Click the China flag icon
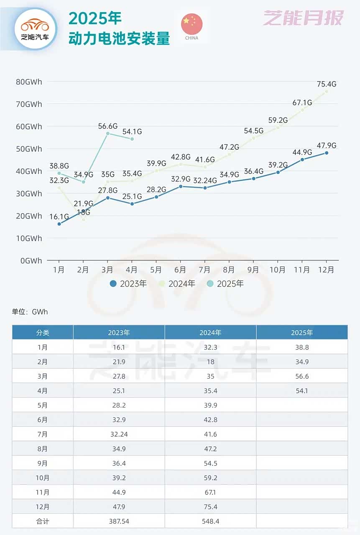point(191,24)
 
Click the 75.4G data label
point(327,84)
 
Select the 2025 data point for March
point(107,133)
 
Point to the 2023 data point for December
point(327,153)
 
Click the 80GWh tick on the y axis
point(29,82)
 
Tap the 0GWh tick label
point(31,261)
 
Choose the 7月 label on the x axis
point(204,270)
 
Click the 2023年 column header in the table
point(119,333)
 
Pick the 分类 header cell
point(43,333)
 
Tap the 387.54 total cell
point(119,522)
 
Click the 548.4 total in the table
point(210,522)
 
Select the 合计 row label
point(43,522)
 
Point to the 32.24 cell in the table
point(119,434)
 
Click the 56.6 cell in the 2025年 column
point(302,376)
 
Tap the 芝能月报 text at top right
point(303,18)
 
